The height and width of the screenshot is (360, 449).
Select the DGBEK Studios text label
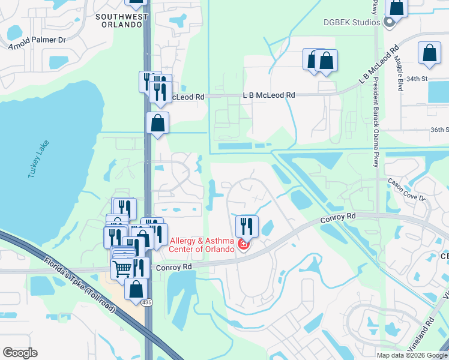[x=352, y=22]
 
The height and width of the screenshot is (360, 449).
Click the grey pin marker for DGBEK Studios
[x=389, y=23]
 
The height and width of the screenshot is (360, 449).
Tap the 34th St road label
[x=416, y=79]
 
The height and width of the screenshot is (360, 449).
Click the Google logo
[x=20, y=353]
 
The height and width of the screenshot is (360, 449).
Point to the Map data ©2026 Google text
[x=411, y=355]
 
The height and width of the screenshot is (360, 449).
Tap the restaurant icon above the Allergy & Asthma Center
[x=247, y=226]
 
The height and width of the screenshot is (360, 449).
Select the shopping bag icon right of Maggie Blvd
[x=430, y=53]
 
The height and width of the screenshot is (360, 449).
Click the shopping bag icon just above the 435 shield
[x=136, y=289]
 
